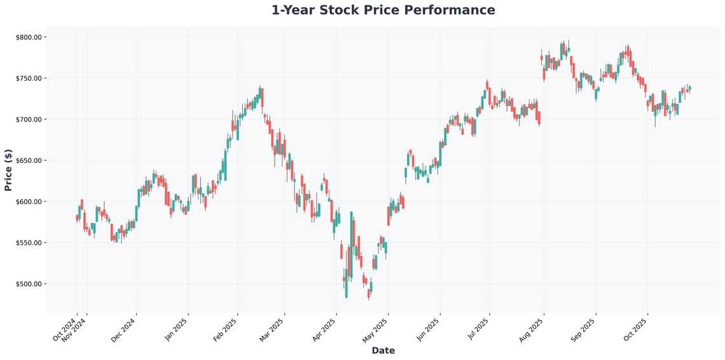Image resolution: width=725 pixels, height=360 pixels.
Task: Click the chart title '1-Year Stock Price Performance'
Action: (x=383, y=10)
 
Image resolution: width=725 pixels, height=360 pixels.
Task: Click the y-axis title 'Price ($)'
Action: (x=8, y=170)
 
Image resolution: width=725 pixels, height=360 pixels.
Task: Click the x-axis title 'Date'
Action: (x=383, y=350)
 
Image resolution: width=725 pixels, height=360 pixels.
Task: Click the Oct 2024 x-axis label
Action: (x=65, y=329)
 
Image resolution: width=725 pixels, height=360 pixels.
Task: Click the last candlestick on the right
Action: (x=690, y=88)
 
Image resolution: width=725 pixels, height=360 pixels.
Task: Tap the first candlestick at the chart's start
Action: (x=77, y=218)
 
